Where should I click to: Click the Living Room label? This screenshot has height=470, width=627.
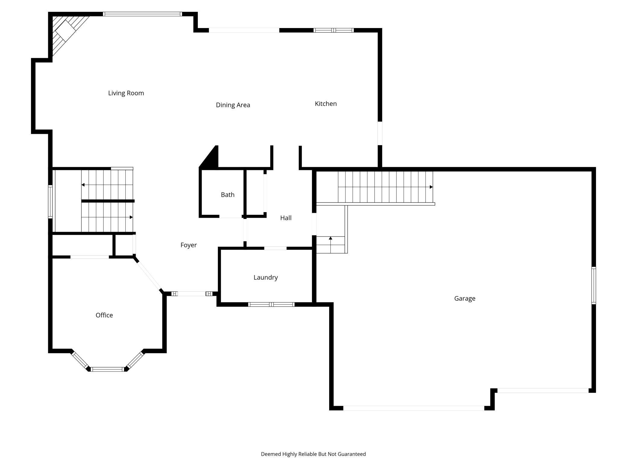click(126, 93)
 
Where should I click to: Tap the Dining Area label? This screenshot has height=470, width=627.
click(233, 105)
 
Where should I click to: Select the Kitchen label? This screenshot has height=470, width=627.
click(326, 104)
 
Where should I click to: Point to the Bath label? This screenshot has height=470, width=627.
click(228, 195)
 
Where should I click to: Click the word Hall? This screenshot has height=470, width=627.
click(286, 218)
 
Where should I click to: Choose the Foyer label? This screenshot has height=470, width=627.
click(188, 245)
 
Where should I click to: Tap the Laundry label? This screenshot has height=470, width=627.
click(265, 277)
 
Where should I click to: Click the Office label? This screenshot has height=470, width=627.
click(104, 315)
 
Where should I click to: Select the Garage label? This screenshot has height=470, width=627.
click(465, 299)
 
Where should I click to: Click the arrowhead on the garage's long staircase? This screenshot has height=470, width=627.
click(431, 187)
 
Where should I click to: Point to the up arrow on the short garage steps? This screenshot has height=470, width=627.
click(330, 238)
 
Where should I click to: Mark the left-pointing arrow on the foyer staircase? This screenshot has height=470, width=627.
click(83, 185)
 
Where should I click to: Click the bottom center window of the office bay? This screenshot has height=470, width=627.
click(108, 369)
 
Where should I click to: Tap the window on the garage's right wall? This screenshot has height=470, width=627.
click(594, 285)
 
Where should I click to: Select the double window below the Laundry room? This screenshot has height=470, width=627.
click(271, 305)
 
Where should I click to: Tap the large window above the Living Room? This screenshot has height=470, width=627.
click(142, 14)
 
